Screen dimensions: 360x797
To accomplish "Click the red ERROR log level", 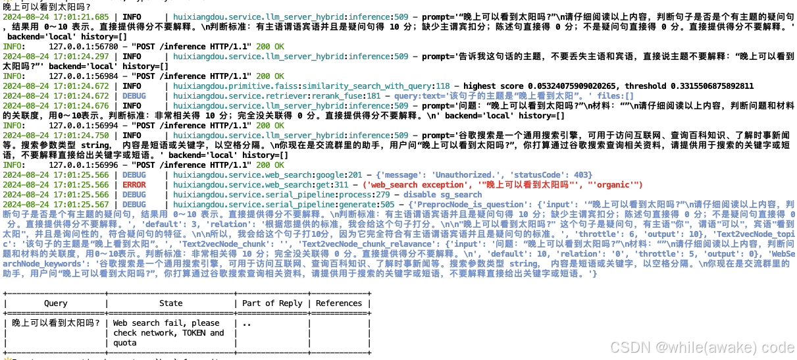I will pyautogui.click(x=135, y=185).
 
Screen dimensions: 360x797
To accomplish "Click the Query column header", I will pyautogui.click(x=55, y=303).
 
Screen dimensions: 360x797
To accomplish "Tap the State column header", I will pyautogui.click(x=171, y=303).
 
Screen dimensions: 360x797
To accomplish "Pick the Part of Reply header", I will pyautogui.click(x=272, y=303).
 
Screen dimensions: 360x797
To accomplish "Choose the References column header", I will pyautogui.click(x=339, y=303).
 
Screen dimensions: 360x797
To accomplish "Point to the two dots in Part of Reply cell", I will pyautogui.click(x=247, y=323).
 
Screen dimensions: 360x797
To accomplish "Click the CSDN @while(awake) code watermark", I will pyautogui.click(x=702, y=347).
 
